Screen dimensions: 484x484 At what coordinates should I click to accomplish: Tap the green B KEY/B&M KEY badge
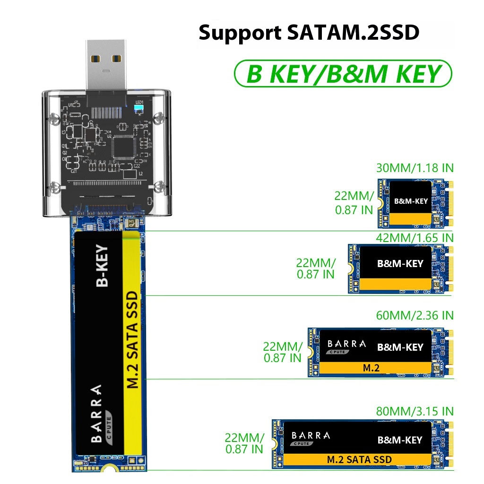coord(343,74)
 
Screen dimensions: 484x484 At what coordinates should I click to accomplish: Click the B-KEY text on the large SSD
coord(103,266)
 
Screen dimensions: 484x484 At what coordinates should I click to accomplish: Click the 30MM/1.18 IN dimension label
coord(415,168)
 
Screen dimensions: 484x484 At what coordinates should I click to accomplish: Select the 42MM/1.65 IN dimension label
coord(415,237)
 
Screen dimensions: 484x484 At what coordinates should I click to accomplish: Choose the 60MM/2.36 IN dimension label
coord(415,315)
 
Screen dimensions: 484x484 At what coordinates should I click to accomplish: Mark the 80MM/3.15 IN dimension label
coord(415,411)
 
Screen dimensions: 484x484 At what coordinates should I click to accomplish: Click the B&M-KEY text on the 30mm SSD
coord(411,201)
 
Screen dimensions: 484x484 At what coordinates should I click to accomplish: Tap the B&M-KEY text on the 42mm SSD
coord(400,263)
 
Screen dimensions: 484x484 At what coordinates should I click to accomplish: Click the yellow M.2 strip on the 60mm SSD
coord(371,368)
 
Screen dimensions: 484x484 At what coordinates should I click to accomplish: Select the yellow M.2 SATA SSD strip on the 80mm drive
coord(359,459)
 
